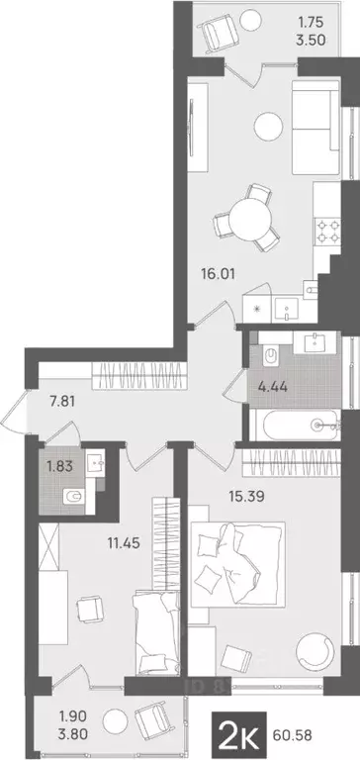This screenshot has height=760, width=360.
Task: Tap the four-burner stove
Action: pos(327,232)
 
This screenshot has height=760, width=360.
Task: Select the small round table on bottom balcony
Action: pos(116,719)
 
